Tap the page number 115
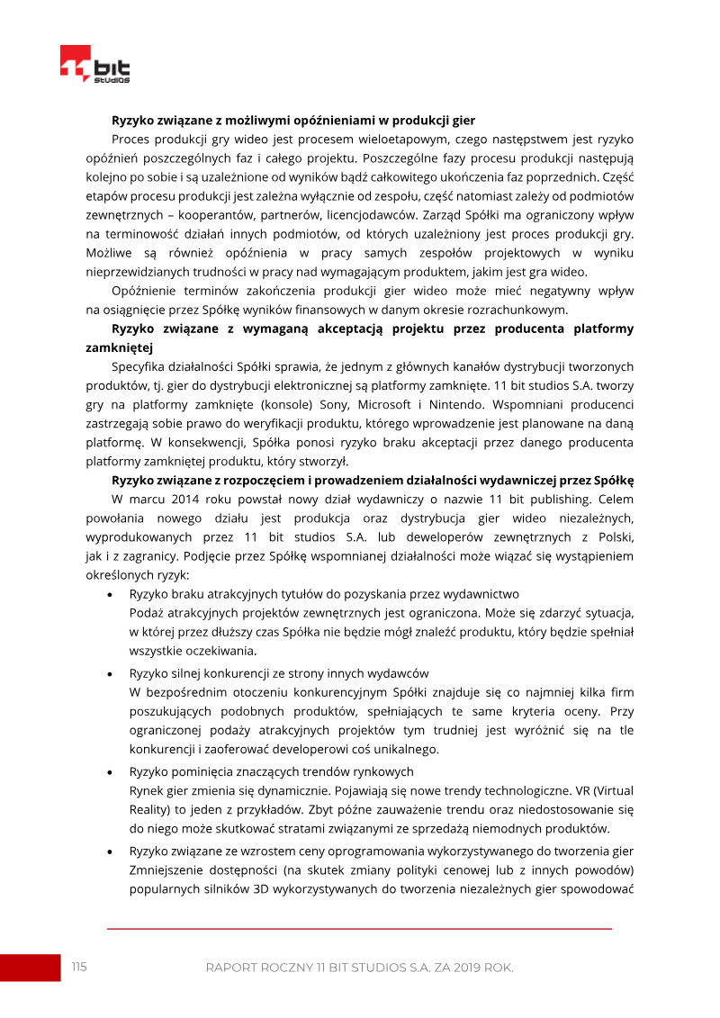79,967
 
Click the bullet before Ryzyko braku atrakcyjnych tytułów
110,595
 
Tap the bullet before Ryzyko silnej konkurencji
110,673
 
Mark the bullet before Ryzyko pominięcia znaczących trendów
110,771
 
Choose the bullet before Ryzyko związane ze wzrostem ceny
110,851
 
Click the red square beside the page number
29,967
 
